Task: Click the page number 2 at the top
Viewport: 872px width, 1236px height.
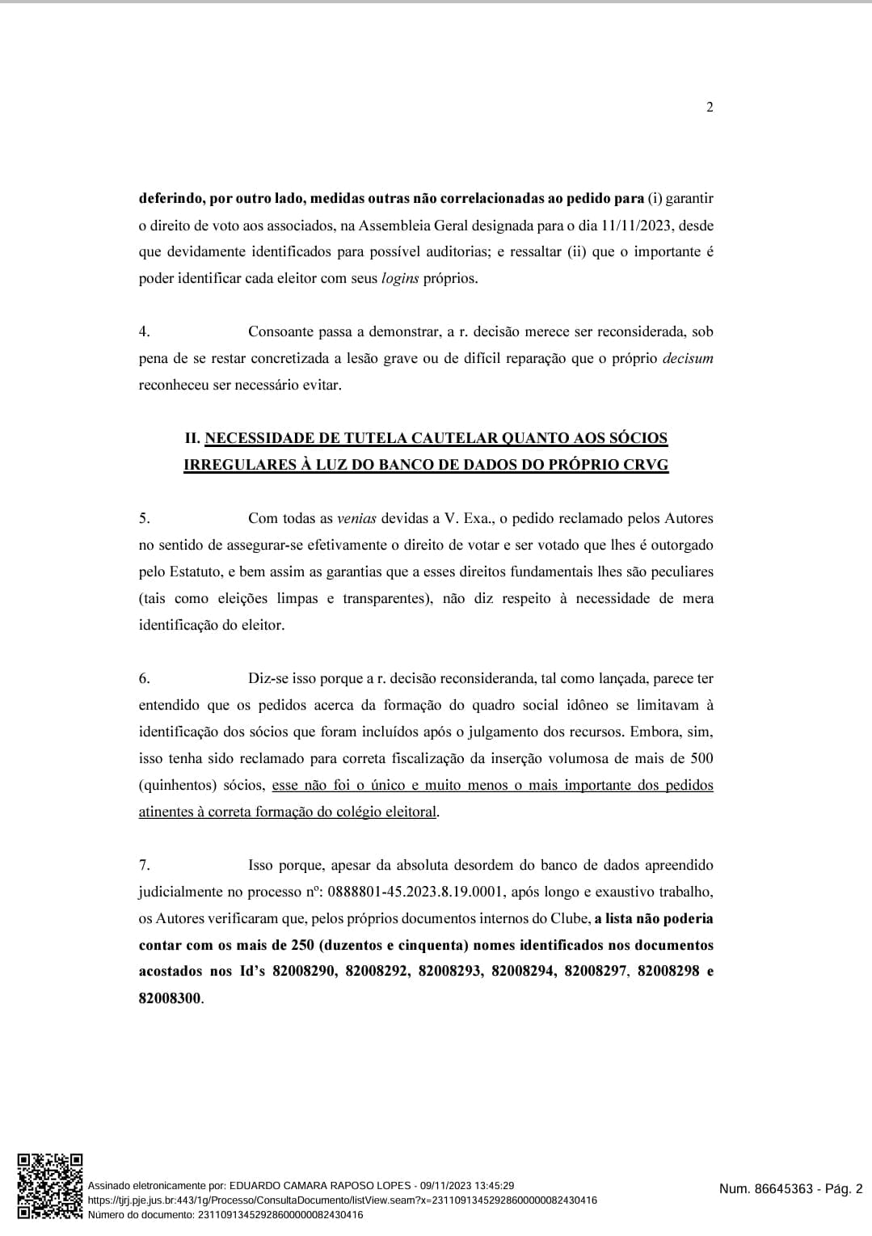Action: click(x=710, y=108)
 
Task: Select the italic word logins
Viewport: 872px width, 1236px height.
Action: click(x=399, y=279)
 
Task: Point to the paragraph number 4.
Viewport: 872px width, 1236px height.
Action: click(x=144, y=332)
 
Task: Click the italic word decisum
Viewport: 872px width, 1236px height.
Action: click(x=687, y=359)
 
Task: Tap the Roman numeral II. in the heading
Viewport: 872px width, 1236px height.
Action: click(x=192, y=439)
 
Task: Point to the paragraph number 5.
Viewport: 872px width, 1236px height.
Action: click(x=144, y=519)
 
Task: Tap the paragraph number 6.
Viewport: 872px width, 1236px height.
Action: click(x=144, y=679)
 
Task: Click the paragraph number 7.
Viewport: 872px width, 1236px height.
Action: click(x=144, y=866)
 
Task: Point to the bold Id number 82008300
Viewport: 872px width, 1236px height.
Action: click(x=170, y=998)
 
